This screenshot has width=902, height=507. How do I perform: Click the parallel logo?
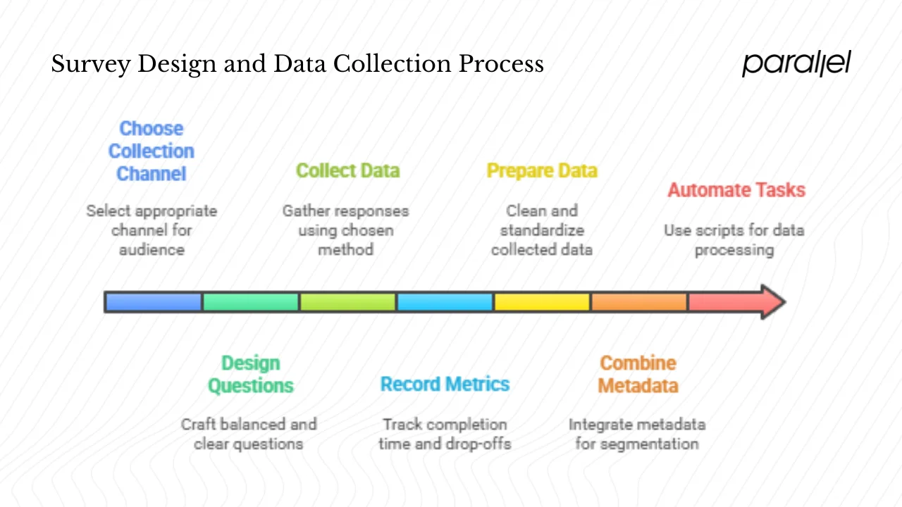[796, 63]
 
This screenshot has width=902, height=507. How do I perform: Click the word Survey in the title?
[89, 65]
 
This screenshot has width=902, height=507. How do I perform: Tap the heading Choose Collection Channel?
[151, 151]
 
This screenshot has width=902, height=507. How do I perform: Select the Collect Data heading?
[347, 171]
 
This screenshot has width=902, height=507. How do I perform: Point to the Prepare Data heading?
[542, 171]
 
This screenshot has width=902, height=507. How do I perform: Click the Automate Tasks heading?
[736, 190]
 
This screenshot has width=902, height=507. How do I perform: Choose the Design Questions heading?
[251, 375]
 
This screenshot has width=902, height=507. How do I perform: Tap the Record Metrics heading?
[445, 384]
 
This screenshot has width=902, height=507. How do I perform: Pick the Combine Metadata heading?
[638, 375]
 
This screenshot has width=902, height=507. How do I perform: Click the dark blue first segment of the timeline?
[154, 302]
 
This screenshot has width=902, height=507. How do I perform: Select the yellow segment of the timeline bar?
[542, 302]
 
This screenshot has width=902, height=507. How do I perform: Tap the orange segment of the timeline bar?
[638, 302]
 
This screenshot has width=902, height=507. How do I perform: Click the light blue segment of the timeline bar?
[445, 302]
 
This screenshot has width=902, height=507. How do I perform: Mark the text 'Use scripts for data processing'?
[734, 240]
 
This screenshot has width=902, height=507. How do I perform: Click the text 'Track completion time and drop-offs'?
[445, 434]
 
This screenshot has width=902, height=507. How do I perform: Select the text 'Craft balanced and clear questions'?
[249, 434]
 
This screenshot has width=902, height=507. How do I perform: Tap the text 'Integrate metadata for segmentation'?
[637, 434]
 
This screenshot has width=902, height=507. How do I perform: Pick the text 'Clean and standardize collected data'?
[542, 230]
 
